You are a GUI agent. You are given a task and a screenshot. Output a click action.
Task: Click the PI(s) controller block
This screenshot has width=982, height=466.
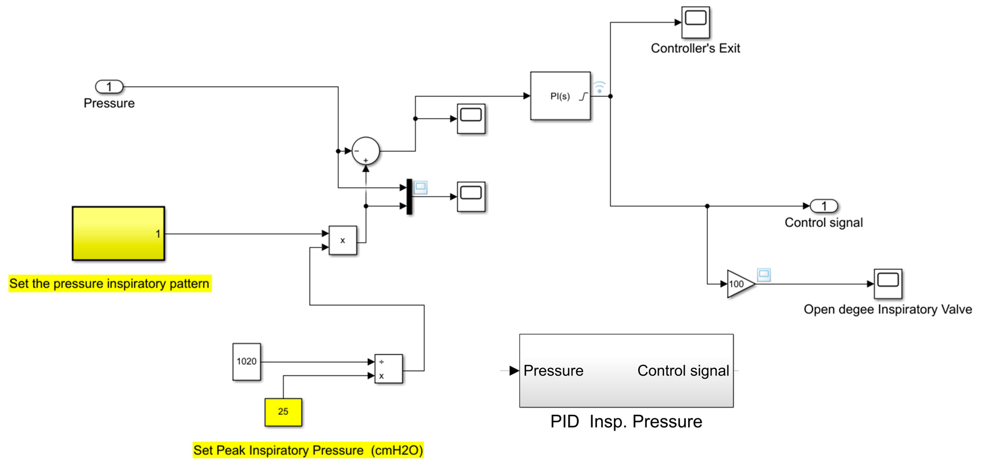click(x=560, y=96)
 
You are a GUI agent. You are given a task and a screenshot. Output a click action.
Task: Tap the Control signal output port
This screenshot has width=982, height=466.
click(x=824, y=206)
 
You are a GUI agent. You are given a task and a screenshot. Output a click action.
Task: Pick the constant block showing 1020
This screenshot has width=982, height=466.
click(x=247, y=361)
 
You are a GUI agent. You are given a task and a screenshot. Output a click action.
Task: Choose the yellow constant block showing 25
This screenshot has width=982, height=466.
click(x=283, y=412)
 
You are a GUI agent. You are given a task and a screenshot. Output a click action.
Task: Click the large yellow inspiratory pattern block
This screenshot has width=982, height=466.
click(x=119, y=233)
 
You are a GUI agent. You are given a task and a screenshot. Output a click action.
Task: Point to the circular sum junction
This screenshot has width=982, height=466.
click(x=366, y=151)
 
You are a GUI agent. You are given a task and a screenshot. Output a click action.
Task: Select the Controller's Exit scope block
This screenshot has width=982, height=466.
click(x=695, y=22)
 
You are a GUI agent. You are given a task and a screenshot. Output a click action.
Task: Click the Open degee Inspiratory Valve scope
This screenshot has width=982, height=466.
click(x=888, y=284)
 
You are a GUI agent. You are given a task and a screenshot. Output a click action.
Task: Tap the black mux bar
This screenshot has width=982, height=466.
click(x=409, y=197)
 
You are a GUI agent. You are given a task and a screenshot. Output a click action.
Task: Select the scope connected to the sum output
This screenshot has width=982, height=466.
click(x=471, y=119)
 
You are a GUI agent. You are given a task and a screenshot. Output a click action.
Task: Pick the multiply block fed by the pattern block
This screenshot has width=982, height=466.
click(x=343, y=240)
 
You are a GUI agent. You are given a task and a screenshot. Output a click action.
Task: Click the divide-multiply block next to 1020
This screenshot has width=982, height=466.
click(x=389, y=368)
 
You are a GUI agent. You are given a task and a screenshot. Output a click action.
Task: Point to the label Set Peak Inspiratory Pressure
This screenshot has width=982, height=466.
click(x=278, y=450)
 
